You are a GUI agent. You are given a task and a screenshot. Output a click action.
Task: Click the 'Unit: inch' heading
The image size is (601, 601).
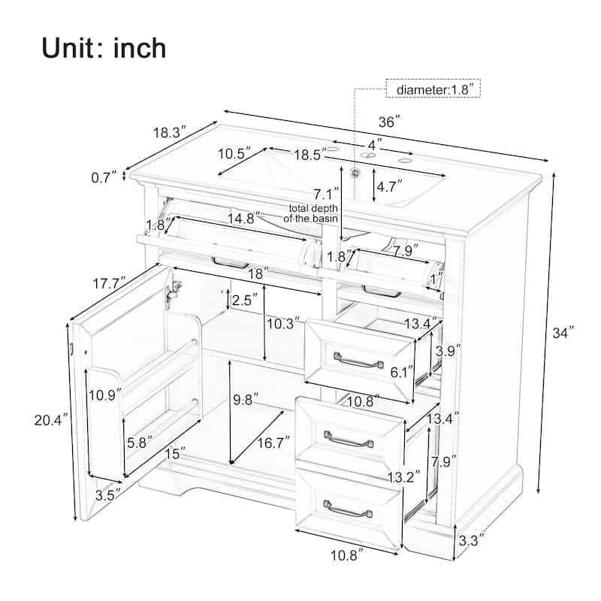104,47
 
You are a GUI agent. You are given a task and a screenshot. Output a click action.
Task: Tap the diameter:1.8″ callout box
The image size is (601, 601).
433,89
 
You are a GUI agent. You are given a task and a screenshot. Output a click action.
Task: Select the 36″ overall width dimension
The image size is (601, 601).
388,120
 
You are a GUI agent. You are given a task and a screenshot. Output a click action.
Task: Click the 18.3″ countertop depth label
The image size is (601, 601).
170,133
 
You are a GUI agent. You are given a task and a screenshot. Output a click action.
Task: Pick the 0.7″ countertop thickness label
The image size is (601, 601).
104,177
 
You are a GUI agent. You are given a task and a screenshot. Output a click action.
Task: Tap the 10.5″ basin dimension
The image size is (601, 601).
234,154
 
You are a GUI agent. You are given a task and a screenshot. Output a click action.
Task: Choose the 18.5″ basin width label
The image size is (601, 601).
310,155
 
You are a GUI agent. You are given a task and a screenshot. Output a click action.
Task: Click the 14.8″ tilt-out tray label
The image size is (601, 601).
243,217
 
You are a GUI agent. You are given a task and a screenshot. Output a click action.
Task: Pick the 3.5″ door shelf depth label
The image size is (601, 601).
107,495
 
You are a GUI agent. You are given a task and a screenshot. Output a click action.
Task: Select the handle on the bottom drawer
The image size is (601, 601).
347,513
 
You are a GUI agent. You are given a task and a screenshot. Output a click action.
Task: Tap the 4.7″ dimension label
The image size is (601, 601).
390,184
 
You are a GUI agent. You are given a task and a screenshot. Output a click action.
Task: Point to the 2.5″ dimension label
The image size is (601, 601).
246,300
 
